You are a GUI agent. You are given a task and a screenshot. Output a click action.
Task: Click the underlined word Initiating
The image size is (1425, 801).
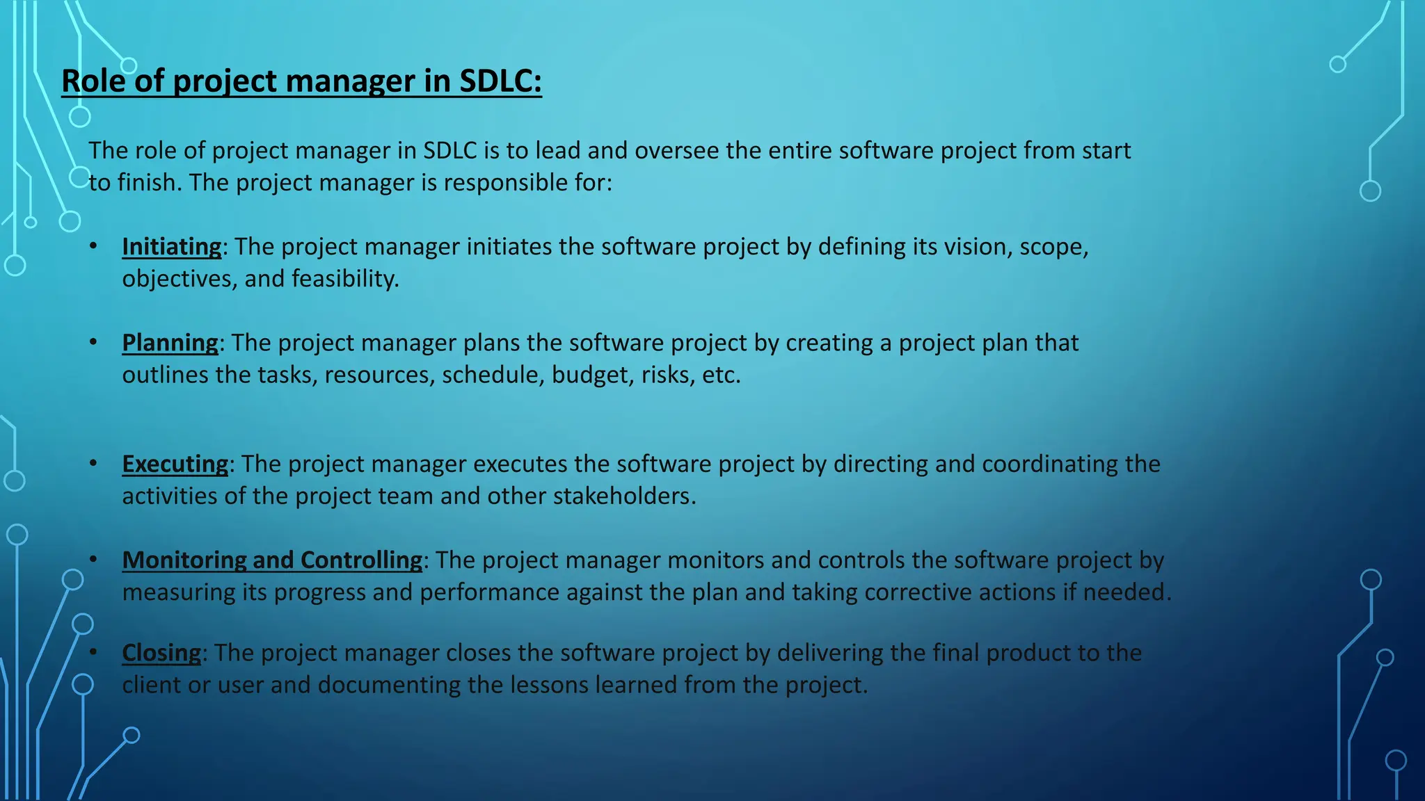(x=171, y=247)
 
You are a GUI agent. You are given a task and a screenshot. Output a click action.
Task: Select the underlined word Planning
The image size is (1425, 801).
(x=170, y=343)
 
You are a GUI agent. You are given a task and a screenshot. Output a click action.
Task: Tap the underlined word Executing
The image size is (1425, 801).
(x=175, y=464)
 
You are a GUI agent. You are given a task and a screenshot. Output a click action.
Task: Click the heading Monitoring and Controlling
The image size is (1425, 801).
(x=272, y=560)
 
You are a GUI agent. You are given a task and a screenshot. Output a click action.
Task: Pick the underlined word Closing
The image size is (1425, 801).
(x=161, y=653)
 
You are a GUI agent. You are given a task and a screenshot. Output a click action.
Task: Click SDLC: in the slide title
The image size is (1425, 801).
(x=500, y=81)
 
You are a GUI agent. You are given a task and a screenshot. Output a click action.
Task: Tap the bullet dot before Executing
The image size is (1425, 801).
(x=93, y=463)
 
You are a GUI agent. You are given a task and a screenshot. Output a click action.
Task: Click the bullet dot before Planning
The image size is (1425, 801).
(x=93, y=342)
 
